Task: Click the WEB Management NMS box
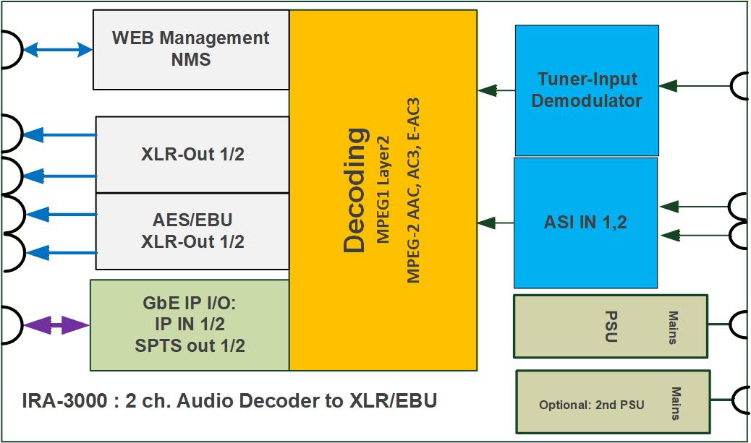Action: (191, 49)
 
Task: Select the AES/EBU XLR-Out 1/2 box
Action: (192, 231)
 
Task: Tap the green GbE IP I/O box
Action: (190, 325)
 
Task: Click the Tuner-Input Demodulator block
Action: (587, 90)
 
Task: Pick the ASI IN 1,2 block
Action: (585, 223)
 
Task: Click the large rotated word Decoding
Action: (355, 190)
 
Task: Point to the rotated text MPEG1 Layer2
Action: (383, 189)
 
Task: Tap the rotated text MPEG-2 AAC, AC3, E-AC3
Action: (413, 190)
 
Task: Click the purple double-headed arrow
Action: (56, 326)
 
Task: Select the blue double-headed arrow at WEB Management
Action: (57, 50)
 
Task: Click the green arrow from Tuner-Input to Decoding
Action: (496, 90)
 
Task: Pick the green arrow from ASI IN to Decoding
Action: (496, 223)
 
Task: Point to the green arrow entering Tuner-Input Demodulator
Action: (695, 86)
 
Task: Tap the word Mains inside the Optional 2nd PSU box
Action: (676, 404)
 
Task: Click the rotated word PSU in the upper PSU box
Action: (609, 327)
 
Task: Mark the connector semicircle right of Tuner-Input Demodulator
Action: (741, 86)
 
